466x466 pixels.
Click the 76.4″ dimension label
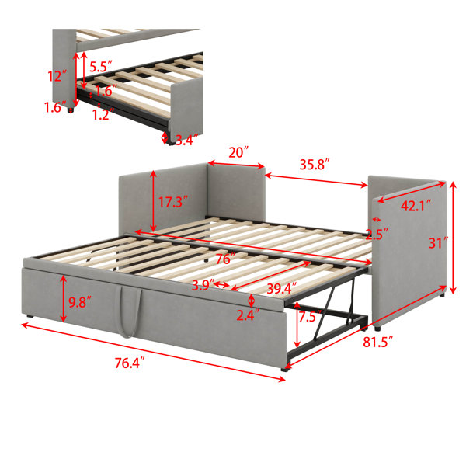[130, 363]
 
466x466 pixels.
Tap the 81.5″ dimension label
[378, 342]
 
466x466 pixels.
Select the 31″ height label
[438, 243]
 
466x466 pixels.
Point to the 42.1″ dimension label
[416, 206]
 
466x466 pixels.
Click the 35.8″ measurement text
[315, 165]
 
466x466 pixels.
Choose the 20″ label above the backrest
[238, 153]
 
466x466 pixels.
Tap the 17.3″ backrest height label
[173, 202]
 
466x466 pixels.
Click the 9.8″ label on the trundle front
[80, 302]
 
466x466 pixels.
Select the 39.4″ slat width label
[282, 289]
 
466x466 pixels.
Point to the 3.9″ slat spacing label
[203, 286]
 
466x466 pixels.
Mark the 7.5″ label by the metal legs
[310, 316]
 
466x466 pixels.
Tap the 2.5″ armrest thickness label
[377, 235]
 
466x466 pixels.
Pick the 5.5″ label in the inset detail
[101, 67]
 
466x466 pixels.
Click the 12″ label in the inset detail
[57, 76]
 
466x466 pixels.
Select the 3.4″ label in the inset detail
[187, 140]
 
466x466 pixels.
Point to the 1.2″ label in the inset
[103, 114]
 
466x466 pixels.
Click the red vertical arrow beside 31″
[454, 238]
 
